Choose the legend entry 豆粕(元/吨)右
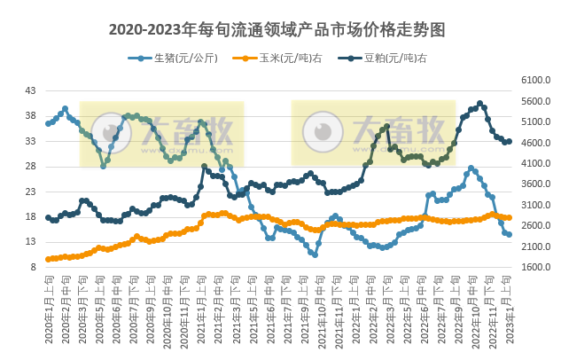tap(390, 59)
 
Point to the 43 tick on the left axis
tap(30, 91)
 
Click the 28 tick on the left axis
tap(30, 167)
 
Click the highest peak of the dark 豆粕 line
tap(479, 104)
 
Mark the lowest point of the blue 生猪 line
tap(315, 254)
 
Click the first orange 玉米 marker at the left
tap(48, 259)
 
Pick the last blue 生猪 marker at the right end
tap(509, 235)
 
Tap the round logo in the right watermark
tap(323, 132)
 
